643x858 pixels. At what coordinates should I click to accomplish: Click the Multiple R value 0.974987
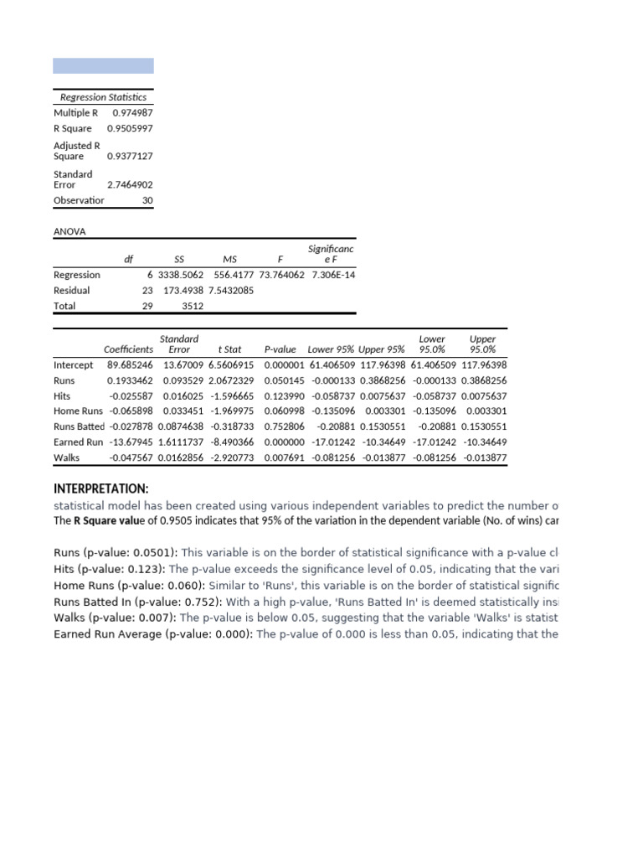tap(132, 112)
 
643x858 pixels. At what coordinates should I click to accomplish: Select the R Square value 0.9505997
tap(130, 128)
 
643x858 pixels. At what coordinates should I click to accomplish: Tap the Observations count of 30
tap(147, 200)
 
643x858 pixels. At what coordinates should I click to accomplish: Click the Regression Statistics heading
tap(103, 97)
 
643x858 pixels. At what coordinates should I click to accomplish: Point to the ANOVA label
tap(69, 231)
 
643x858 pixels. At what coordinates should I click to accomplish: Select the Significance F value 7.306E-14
tap(332, 275)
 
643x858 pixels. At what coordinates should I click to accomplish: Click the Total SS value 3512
tap(193, 306)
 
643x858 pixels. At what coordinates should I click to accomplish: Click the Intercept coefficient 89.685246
tap(130, 365)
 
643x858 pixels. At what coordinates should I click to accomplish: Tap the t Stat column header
tap(229, 349)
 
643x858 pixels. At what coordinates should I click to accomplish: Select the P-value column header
tap(280, 349)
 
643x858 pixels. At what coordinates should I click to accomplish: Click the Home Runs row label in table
tap(78, 411)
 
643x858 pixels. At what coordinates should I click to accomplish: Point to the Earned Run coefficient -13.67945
tap(130, 442)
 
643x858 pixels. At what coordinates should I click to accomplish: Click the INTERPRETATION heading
tap(101, 488)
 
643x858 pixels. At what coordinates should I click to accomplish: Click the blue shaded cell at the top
tap(103, 65)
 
